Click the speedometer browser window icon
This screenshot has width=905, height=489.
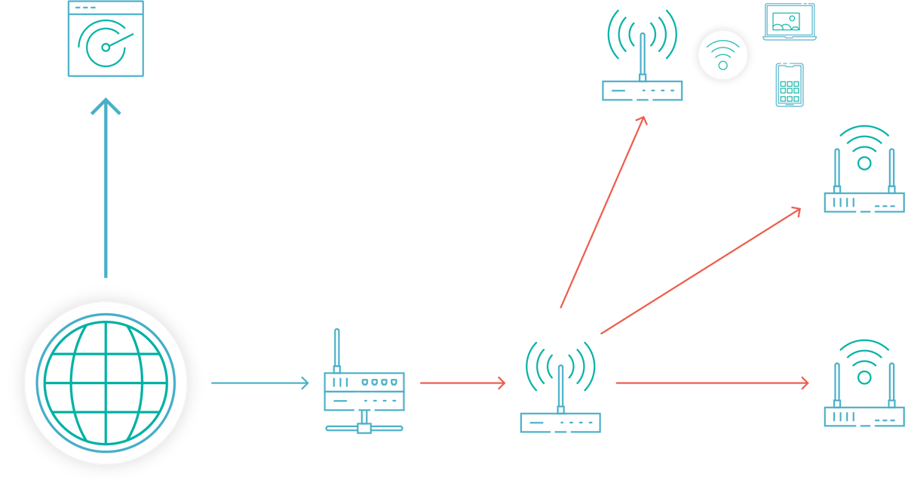[x=106, y=38]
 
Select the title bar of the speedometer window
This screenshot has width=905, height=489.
[x=106, y=8]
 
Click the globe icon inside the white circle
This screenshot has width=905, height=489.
[x=106, y=383]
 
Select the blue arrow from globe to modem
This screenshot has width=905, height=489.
[x=259, y=383]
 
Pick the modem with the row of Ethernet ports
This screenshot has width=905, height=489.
[x=364, y=391]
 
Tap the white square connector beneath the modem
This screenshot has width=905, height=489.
[x=364, y=428]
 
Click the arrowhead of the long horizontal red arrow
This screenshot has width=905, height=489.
[x=804, y=383]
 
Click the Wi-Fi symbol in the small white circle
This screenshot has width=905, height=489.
[x=722, y=55]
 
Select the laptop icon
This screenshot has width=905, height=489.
[x=790, y=22]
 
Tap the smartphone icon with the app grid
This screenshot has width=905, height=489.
[x=790, y=85]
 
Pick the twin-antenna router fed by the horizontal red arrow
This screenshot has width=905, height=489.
[x=864, y=389]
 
